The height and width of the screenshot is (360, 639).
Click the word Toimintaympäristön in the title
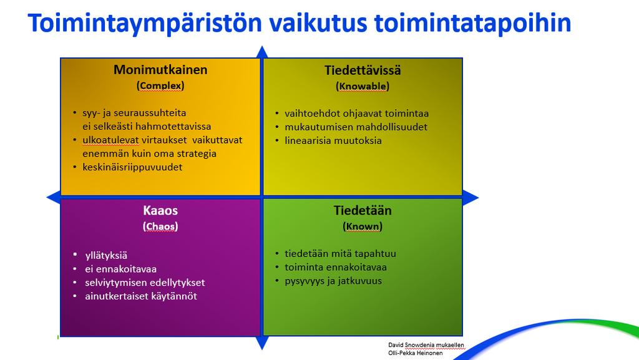(x=145, y=24)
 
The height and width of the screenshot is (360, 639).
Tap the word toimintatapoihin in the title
(x=473, y=24)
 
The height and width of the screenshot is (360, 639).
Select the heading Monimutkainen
(x=160, y=70)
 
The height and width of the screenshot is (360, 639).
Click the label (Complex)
(x=160, y=85)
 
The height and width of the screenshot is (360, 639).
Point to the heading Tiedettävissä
(x=363, y=70)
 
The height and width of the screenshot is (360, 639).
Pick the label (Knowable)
(x=363, y=86)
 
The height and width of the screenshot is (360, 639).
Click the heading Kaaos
(x=160, y=210)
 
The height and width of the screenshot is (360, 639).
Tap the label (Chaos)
(x=160, y=226)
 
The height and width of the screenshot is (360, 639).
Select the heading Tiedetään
(x=363, y=210)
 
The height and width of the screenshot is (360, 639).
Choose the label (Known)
(x=363, y=226)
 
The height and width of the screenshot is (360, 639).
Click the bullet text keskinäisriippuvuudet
(x=132, y=167)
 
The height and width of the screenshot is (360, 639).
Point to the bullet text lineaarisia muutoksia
(x=333, y=140)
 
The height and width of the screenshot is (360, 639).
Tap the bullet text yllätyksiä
(x=106, y=256)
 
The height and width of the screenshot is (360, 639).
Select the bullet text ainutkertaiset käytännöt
(x=141, y=296)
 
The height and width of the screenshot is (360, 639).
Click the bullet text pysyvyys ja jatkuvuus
(x=333, y=281)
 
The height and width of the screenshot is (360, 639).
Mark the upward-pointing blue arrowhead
(x=262, y=52)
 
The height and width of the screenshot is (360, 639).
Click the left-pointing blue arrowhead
(x=54, y=198)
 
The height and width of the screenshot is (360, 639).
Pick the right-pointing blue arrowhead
(x=471, y=198)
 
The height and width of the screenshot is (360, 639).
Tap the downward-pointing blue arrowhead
(x=262, y=343)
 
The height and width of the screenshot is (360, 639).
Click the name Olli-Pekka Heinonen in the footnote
(x=415, y=353)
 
